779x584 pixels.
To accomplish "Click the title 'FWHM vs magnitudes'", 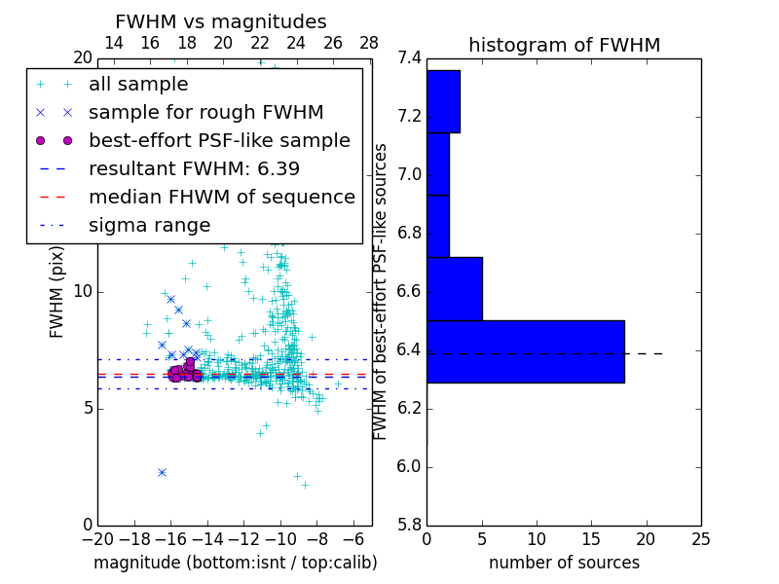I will coord(221,21).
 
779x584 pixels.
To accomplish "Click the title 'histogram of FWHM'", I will coord(564,45).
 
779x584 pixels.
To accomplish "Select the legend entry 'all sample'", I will coord(138,85).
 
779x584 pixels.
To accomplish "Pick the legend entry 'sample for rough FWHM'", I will coord(205,113).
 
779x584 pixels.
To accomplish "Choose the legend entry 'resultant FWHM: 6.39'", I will coord(194,168).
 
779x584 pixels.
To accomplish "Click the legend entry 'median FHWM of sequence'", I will coord(221,197).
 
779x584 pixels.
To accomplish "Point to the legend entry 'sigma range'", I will coord(149,225).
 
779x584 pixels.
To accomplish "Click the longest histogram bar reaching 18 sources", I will coord(525,351).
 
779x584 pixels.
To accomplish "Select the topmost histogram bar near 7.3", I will coord(443,101).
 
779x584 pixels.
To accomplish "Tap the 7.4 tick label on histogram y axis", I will coord(409,58).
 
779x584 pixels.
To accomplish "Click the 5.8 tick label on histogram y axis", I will coord(409,525).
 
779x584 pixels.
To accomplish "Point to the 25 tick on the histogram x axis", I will coord(700,539).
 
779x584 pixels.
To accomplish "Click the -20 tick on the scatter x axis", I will coord(97,539).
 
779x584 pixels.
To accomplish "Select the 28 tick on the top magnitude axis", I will coord(369,43).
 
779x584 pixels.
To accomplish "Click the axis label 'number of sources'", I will coord(564,563).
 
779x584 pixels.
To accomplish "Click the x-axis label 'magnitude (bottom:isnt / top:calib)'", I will coord(236,563).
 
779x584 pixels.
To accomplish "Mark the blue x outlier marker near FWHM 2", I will coord(162,472).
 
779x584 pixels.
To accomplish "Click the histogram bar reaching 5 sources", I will coord(454,288).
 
